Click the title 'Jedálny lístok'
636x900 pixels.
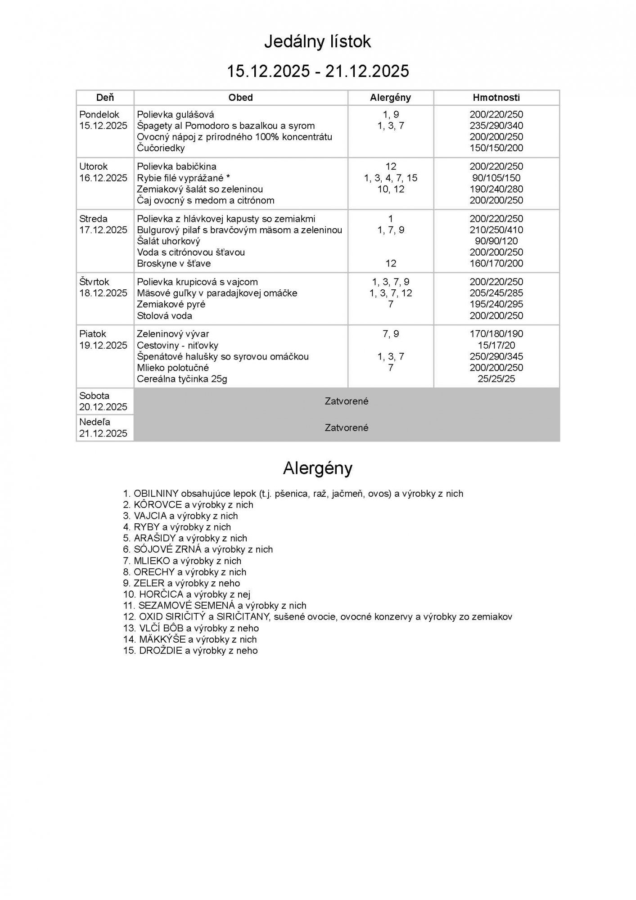(x=317, y=42)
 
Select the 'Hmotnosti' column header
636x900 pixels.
(x=496, y=97)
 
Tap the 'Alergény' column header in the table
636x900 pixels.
(x=390, y=97)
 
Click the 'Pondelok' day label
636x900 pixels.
(x=99, y=114)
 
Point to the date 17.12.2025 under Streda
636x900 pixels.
(x=103, y=230)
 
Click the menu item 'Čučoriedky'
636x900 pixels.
(x=161, y=148)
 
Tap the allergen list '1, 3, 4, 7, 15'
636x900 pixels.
(x=390, y=178)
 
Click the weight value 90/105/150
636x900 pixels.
(x=496, y=178)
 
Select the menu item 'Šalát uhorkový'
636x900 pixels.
(x=168, y=241)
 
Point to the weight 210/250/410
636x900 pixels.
(x=496, y=230)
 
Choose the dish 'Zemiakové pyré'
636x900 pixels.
(x=171, y=304)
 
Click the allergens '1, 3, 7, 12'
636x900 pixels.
(x=390, y=293)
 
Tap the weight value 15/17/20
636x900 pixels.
(x=496, y=345)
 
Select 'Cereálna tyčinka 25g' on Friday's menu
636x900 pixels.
(x=182, y=379)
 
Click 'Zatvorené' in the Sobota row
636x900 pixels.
(x=347, y=401)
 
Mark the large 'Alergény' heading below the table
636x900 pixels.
(x=317, y=468)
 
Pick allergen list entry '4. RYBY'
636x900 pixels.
(x=177, y=527)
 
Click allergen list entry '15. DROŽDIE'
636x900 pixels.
(x=190, y=651)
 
